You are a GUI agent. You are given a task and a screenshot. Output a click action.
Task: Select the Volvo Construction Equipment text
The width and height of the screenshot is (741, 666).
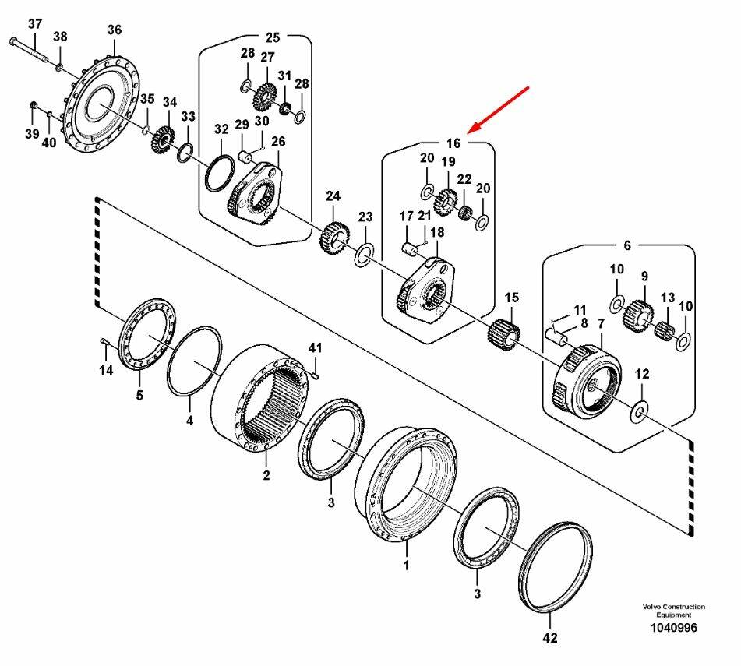(673, 610)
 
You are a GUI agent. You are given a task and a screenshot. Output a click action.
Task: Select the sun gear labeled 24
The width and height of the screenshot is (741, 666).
(334, 238)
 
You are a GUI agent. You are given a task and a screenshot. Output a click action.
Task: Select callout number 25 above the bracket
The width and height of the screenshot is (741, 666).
(272, 37)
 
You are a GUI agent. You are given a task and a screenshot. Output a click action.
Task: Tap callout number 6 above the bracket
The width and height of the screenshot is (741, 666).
(627, 245)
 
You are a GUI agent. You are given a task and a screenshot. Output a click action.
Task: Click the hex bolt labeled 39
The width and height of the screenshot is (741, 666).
(34, 105)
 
